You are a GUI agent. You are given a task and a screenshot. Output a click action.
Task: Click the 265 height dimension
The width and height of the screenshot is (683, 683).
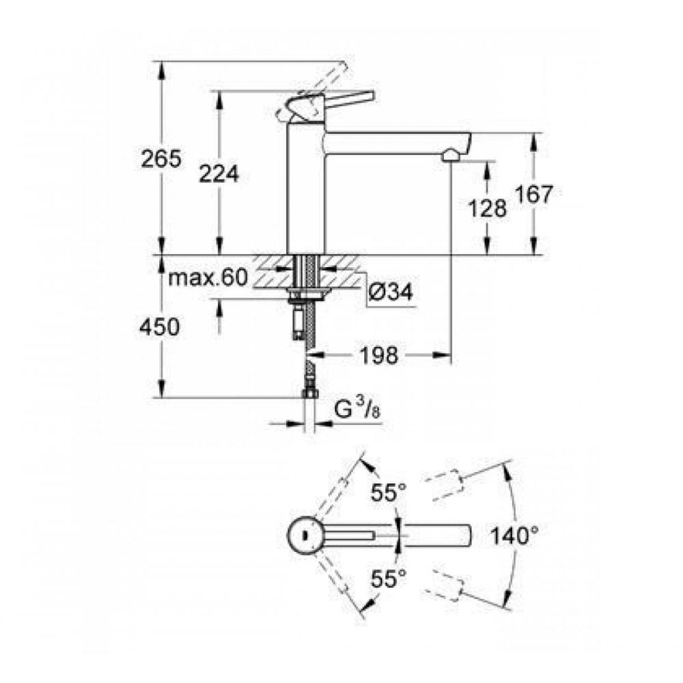tap(161, 159)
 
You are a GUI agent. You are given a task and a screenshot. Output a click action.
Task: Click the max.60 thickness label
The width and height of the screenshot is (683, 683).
tap(207, 278)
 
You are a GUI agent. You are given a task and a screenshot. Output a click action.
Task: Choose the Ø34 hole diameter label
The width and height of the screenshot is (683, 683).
tap(391, 292)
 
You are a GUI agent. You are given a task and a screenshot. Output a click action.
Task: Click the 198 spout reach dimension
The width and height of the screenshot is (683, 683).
tap(379, 355)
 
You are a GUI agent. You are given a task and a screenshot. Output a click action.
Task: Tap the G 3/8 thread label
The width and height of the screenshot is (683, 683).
tap(354, 411)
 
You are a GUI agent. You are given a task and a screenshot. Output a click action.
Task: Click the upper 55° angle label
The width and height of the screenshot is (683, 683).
tap(389, 492)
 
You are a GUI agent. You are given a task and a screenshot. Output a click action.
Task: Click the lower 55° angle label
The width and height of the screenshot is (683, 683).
tap(389, 580)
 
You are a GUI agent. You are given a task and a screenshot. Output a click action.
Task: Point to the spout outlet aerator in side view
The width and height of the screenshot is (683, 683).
tap(451, 155)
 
